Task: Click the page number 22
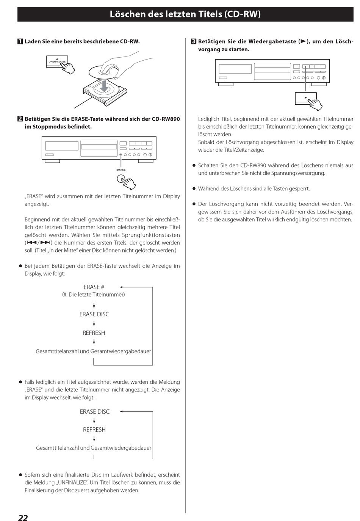23,518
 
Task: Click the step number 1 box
20,42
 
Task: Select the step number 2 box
20,119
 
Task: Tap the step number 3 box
193,42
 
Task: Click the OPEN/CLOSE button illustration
57,61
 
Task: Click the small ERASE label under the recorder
121,170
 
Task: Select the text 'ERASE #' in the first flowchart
94,287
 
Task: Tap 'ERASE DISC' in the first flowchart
94,314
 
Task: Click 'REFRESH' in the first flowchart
94,333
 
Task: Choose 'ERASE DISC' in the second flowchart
95,412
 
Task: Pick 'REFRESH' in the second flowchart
94,430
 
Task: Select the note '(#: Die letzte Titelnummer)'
94,295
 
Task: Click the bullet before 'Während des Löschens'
194,189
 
